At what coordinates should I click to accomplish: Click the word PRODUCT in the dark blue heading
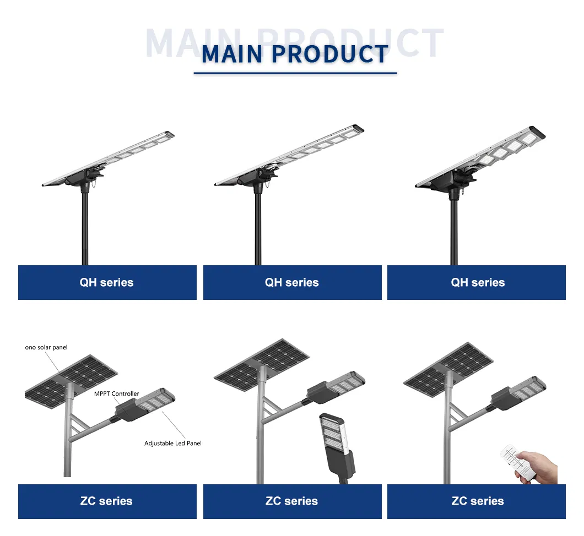(330, 54)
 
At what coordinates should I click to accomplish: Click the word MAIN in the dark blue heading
(232, 54)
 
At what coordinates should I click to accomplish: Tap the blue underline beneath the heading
(295, 73)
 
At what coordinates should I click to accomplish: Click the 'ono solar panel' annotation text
(46, 348)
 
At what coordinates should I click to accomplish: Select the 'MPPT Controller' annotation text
(117, 394)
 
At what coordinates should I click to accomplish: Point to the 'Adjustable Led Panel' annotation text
(172, 444)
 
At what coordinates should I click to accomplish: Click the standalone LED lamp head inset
(337, 446)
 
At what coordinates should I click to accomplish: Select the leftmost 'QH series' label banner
(107, 283)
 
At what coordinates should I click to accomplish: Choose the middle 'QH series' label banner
(292, 283)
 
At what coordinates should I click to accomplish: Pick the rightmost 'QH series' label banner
(477, 283)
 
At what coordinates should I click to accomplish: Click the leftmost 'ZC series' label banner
(107, 501)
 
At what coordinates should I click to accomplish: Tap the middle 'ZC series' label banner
(292, 501)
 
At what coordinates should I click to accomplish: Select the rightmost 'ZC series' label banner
(477, 501)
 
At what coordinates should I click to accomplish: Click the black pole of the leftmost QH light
(85, 231)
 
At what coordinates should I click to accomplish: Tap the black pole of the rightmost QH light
(454, 234)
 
